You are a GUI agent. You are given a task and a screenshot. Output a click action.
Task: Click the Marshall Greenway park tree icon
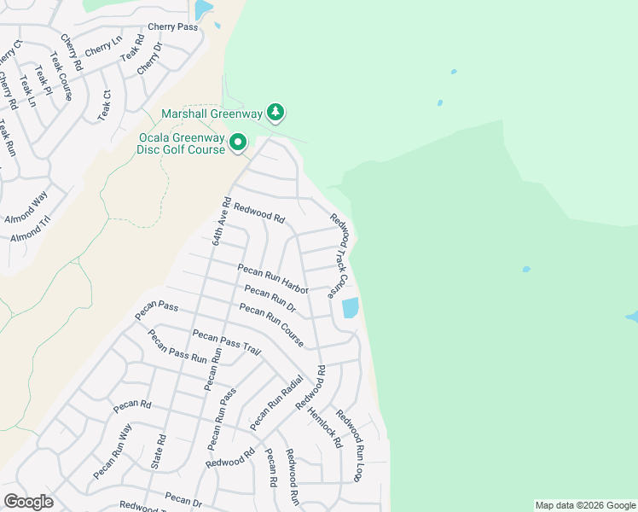[275, 112]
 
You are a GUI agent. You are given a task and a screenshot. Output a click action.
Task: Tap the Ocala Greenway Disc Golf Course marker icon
[238, 143]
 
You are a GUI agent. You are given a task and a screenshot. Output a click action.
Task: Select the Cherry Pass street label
[172, 27]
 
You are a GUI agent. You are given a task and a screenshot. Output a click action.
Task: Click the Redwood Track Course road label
[340, 254]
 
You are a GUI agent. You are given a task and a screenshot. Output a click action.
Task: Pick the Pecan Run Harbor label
[272, 279]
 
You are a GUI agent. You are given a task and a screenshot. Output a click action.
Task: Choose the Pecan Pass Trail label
[227, 342]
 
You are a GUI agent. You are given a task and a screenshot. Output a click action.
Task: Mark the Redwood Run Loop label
[350, 444]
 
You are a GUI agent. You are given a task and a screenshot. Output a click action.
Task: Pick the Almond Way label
[26, 207]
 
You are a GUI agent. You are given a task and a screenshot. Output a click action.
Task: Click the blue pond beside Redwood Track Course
[350, 308]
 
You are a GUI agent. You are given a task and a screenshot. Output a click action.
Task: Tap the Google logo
[28, 502]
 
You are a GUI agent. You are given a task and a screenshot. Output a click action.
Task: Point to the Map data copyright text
[584, 505]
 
